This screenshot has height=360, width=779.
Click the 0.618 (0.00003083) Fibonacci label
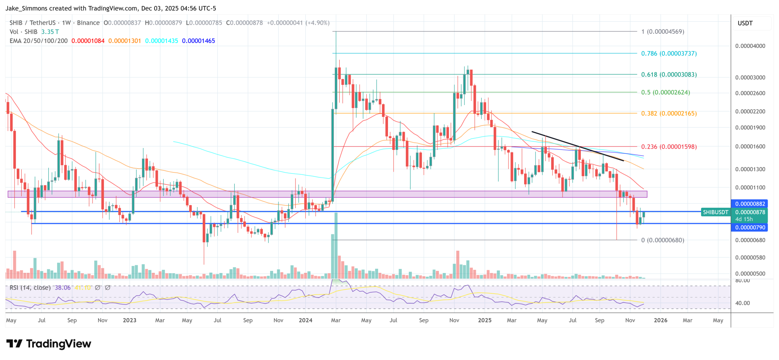[x=669, y=75]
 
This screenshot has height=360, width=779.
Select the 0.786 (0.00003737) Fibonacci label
[x=669, y=54]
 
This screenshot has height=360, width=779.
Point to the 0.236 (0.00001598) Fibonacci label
[x=669, y=147]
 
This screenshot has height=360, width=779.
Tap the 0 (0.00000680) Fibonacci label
[x=663, y=240]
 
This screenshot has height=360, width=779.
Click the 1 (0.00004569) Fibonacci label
[x=663, y=32]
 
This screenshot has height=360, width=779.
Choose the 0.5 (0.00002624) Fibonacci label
[x=665, y=92]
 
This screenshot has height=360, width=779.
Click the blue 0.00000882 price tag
[x=750, y=204]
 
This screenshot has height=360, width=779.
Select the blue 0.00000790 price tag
[x=750, y=228]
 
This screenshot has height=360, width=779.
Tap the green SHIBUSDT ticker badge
[x=715, y=212]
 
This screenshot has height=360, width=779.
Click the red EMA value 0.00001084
[x=88, y=41]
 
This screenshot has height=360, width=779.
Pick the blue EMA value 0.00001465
[x=198, y=41]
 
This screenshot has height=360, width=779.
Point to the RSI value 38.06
[x=63, y=288]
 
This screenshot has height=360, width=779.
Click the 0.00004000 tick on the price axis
[x=750, y=46]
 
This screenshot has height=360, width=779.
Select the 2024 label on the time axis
[x=305, y=320]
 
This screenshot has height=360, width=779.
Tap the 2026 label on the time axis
[x=660, y=320]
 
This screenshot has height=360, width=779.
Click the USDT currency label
[x=745, y=23]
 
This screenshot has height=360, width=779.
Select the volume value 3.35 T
[x=50, y=32]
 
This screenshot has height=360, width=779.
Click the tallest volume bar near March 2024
[x=336, y=247]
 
